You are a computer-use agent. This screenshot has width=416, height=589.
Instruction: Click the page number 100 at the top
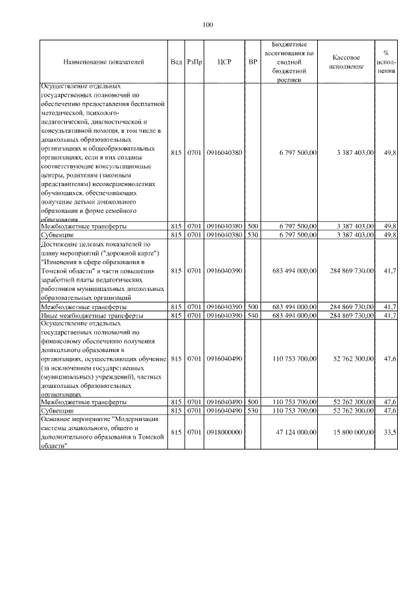[x=208, y=25]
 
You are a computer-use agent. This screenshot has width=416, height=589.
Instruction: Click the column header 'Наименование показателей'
[x=104, y=62]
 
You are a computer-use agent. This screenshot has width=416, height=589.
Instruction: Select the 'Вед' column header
[x=176, y=62]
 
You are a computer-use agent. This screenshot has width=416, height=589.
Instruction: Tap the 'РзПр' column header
[x=194, y=62]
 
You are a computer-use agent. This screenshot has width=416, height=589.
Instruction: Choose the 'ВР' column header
[x=253, y=62]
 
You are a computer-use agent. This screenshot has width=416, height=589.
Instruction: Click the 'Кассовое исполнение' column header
[x=350, y=62]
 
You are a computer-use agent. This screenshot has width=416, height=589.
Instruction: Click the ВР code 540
[x=253, y=314]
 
